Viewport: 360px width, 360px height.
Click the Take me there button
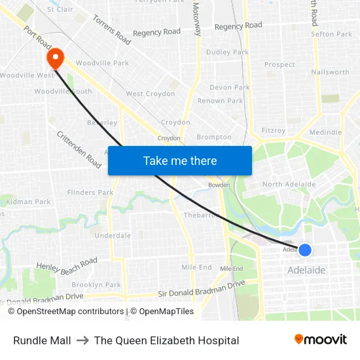pos(180,160)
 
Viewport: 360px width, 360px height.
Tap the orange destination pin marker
pos(55,59)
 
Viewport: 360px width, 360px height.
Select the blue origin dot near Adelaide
pos(304,249)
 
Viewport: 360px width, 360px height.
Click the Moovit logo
pos(320,340)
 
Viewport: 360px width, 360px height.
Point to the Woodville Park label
pos(102,63)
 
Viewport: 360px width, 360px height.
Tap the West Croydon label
pos(151,94)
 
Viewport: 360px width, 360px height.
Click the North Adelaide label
pos(289,185)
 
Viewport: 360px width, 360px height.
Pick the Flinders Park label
pos(90,192)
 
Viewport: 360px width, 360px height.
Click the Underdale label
pos(113,236)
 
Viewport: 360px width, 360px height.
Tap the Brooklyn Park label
pos(96,285)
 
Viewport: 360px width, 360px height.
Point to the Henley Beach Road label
pos(67,265)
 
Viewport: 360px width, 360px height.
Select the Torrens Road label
pos(111,29)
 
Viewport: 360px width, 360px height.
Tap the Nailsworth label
pos(331,72)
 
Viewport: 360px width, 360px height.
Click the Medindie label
pos(325,132)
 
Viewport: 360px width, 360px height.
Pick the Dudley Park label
pos(227,52)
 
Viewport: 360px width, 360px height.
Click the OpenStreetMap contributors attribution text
pos(65,312)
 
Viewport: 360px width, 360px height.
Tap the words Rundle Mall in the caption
pos(42,340)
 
